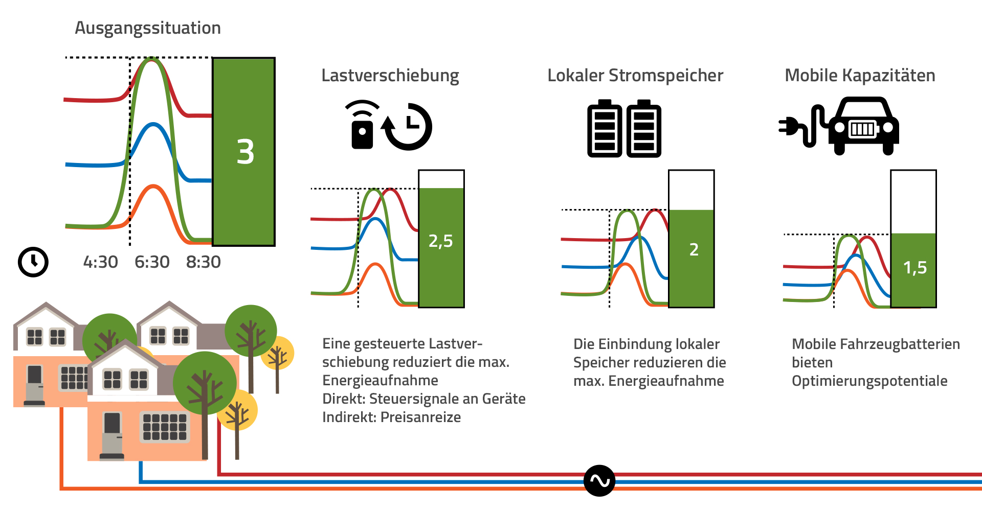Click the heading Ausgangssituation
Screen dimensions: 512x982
[x=148, y=28]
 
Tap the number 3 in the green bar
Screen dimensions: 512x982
[x=245, y=152]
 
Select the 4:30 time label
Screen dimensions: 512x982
[x=100, y=262]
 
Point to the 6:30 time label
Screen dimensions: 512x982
[x=152, y=262]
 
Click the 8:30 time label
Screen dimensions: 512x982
[x=203, y=262]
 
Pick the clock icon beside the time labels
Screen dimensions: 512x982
[x=33, y=262]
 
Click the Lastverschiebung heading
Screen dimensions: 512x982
[x=390, y=76]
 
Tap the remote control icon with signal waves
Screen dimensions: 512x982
[x=362, y=126]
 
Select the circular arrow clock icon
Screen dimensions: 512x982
[x=408, y=127]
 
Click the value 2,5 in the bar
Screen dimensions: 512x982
[x=440, y=241]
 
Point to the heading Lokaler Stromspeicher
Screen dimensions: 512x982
[x=635, y=76]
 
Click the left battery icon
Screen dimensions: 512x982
[x=605, y=129]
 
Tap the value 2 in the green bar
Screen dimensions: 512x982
[x=694, y=250]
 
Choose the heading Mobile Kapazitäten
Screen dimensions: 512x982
[x=860, y=76]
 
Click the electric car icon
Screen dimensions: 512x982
[x=863, y=126]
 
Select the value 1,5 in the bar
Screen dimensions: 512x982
[x=914, y=268]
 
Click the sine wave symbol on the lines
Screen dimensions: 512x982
[x=599, y=481]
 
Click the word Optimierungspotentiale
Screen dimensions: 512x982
[x=869, y=381]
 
